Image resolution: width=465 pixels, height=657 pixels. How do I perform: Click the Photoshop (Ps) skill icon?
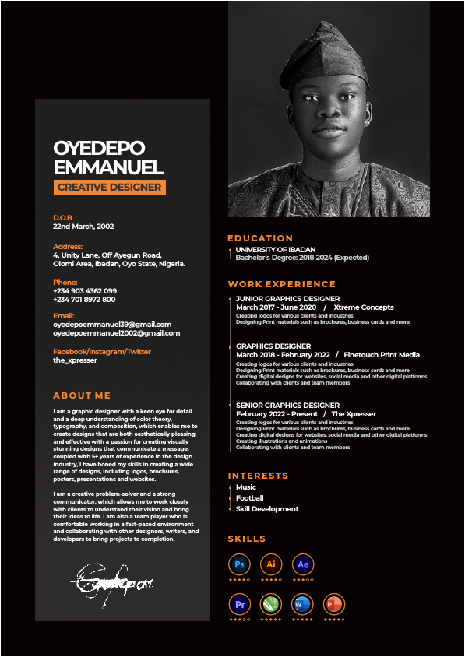239,564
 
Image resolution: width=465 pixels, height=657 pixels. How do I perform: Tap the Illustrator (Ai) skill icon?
271,564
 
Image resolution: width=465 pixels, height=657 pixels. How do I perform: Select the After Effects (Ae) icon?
303,564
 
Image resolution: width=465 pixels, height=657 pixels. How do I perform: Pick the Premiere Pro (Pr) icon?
239,604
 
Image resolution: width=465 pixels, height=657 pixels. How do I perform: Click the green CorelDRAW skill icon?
270,604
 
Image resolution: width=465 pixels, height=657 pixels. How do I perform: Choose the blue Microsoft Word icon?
302,604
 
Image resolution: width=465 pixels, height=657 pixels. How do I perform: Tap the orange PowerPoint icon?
333,604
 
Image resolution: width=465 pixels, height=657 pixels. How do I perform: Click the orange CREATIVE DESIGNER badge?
110,187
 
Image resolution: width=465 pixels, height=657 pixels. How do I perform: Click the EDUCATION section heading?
260,238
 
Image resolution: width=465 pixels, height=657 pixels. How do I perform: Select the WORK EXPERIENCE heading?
282,284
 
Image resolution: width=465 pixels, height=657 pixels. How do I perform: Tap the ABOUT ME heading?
82,395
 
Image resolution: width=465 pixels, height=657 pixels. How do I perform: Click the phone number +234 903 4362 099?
85,290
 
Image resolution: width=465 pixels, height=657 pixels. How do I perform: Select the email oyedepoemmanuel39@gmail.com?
112,324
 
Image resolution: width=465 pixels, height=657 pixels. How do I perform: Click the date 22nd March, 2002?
83,227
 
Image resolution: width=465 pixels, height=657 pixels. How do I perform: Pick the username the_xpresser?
75,360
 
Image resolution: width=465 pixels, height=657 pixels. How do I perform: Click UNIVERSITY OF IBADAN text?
276,249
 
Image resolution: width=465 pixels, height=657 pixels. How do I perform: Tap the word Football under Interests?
249,498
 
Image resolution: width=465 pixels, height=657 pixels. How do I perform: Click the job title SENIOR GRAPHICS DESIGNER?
287,405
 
